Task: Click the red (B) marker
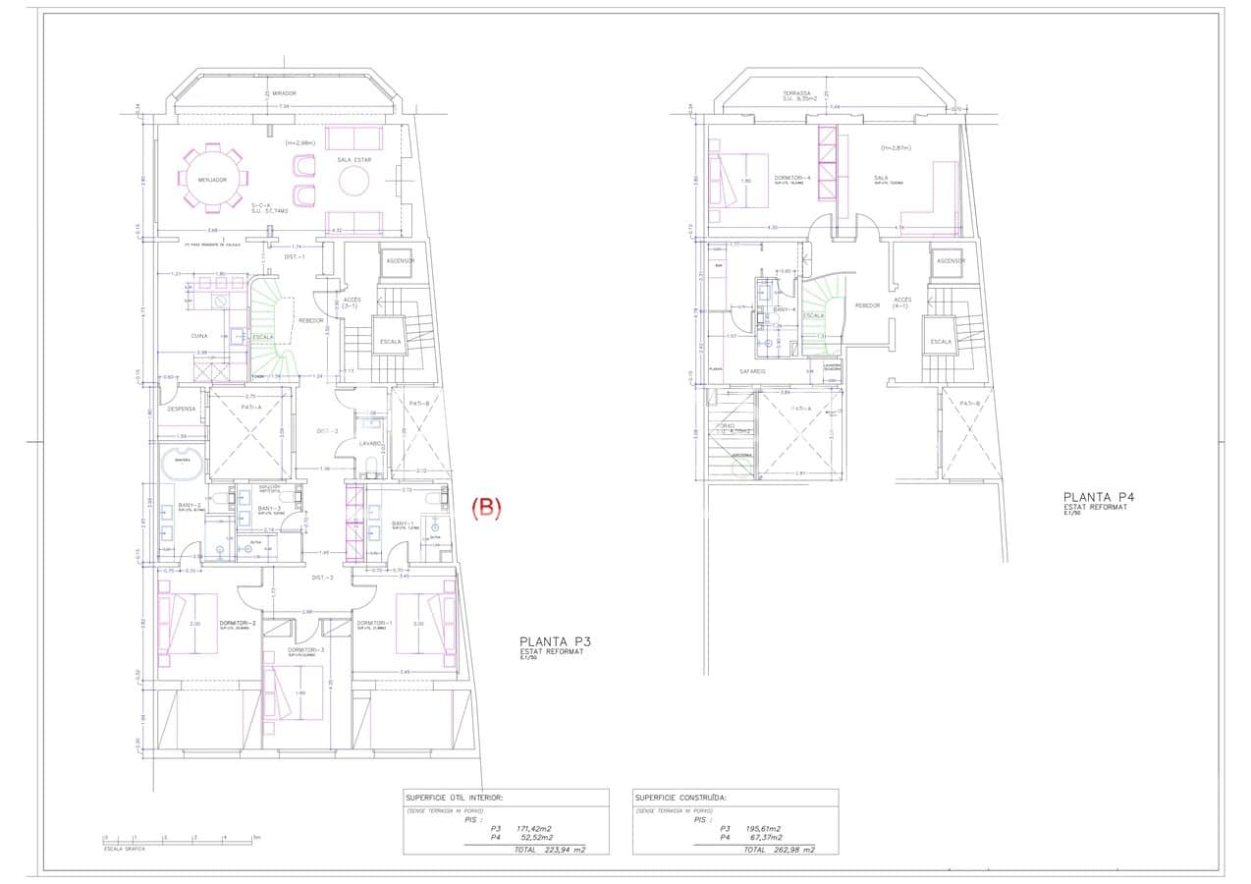487,508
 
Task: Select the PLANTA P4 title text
1098,497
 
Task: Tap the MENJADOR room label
212,180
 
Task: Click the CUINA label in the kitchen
199,336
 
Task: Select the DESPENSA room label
183,409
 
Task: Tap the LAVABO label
370,443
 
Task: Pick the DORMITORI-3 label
305,650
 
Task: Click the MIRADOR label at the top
284,93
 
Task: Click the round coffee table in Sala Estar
354,181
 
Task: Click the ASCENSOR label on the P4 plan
950,260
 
